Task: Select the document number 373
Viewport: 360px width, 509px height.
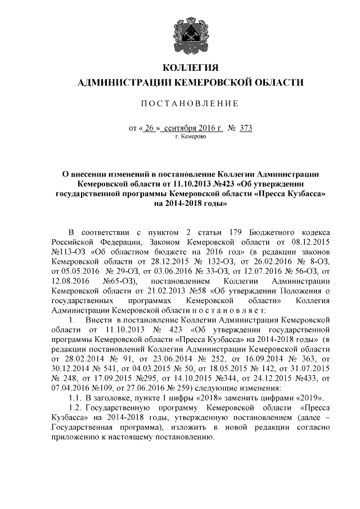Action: point(245,128)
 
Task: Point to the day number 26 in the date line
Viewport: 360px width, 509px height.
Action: point(149,128)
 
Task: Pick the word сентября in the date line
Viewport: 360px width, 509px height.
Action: point(179,128)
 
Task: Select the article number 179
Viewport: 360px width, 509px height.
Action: point(237,233)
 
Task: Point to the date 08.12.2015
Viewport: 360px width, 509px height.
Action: point(308,243)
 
